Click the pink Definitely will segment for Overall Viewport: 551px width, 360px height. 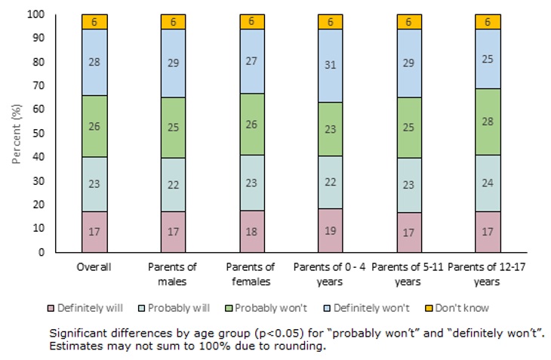tap(94, 232)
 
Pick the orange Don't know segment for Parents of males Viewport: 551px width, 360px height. tap(173, 22)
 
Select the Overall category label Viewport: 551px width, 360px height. tap(94, 267)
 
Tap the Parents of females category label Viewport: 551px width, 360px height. tap(252, 273)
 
